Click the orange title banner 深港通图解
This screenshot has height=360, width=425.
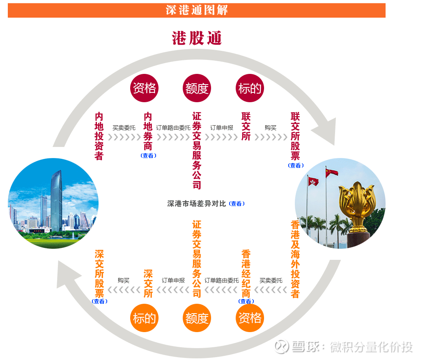(197, 10)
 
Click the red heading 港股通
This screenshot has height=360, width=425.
(197, 38)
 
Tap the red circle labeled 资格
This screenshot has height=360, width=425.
(144, 88)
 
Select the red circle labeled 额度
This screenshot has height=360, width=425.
(197, 88)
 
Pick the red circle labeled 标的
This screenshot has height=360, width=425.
(250, 88)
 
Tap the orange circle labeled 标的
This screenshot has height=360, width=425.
(144, 318)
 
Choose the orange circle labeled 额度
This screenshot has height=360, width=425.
(197, 318)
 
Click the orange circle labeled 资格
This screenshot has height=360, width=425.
(250, 318)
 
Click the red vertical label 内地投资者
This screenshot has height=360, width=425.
(99, 136)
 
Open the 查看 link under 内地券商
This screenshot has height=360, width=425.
(149, 156)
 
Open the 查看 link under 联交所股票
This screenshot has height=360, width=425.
(296, 165)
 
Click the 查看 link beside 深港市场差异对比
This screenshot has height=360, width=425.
(237, 204)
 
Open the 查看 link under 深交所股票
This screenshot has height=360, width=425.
(99, 301)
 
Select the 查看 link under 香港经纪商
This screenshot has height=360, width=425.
(246, 301)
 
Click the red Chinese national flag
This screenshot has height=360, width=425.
(332, 172)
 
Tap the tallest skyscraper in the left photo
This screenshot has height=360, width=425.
(56, 201)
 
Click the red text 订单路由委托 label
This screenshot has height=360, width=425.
(173, 128)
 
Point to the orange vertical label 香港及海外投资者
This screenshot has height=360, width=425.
(295, 259)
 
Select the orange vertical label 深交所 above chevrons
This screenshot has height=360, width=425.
(148, 284)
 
